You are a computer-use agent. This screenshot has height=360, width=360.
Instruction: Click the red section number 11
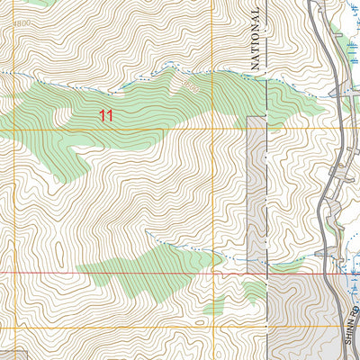[x=107, y=115]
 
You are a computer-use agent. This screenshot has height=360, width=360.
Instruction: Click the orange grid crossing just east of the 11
[x=213, y=130]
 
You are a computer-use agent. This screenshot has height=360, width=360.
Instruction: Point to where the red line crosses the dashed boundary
[x=267, y=271]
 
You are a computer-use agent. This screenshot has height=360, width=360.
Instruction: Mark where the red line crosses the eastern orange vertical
[x=213, y=271]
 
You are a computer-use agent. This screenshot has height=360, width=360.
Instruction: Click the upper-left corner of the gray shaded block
[x=247, y=117]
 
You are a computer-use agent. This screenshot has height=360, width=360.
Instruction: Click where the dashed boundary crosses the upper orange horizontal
[x=267, y=130]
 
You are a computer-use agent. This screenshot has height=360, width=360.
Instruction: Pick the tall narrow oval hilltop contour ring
[x=55, y=245]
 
